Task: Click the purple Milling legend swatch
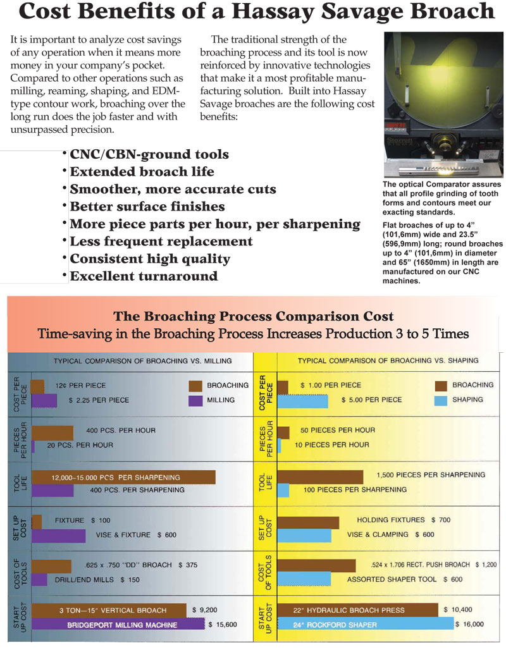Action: pos(195,400)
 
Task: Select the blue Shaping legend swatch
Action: pos(441,400)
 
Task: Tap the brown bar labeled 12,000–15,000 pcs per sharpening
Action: pos(123,477)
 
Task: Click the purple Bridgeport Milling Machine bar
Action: pos(118,624)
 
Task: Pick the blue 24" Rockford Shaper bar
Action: pos(366,624)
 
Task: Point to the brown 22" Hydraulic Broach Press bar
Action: pos(357,610)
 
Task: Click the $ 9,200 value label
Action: pos(205,610)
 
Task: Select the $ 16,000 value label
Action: pos(469,624)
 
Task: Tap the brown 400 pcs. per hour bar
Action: pos(52,432)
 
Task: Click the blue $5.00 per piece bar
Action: pos(303,401)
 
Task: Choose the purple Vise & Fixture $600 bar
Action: pos(58,536)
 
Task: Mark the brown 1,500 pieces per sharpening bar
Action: pos(320,477)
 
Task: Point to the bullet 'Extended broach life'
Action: pos(142,171)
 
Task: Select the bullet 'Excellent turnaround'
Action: pos(144,276)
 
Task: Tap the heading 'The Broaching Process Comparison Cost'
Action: pos(254,316)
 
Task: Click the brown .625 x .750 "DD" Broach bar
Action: pos(51,567)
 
